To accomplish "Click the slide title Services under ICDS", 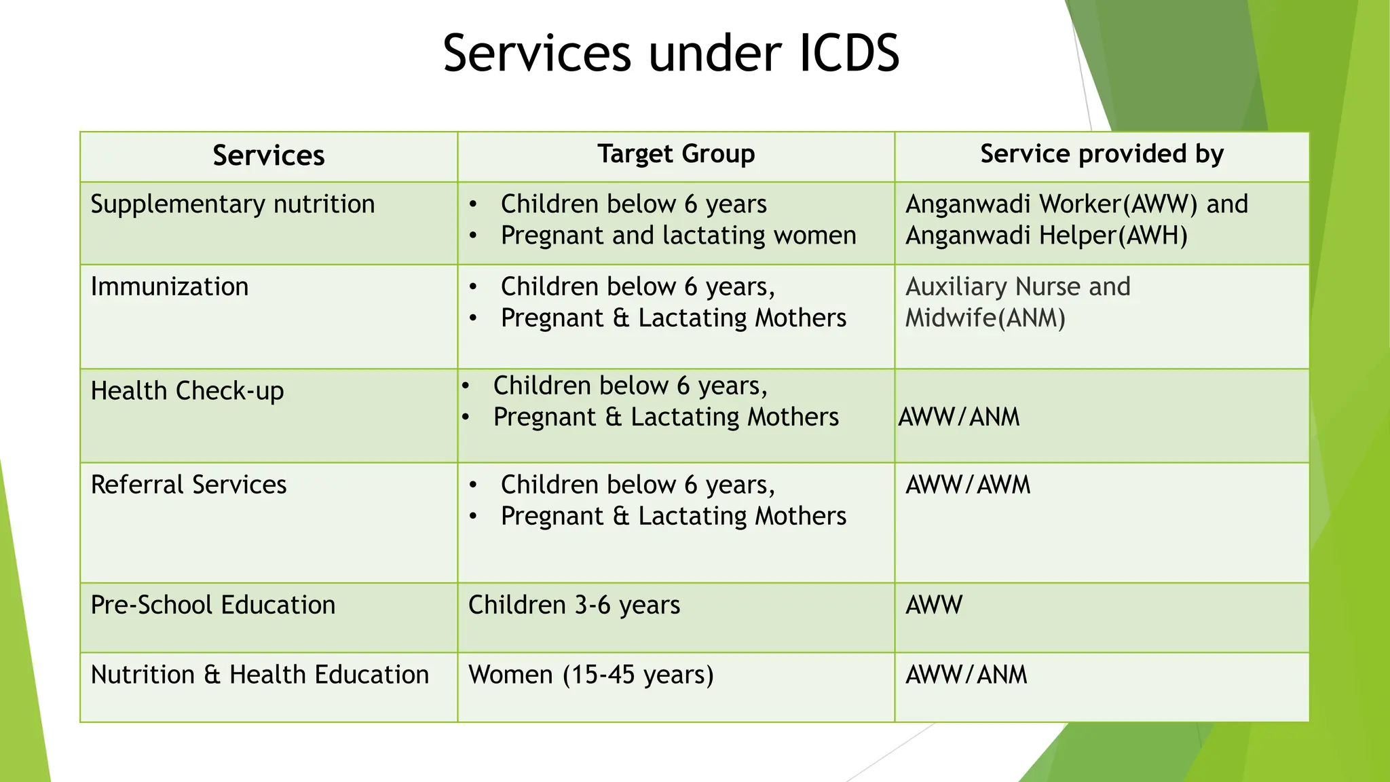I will pos(671,53).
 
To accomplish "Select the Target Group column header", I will pos(676,154).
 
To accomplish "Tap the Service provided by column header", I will pos(1102,154).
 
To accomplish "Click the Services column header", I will pos(269,155).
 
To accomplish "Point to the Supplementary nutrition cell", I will pos(233,204).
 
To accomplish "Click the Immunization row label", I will pos(170,286).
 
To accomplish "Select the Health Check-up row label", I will pos(187,391).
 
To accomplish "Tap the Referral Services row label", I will pos(189,485).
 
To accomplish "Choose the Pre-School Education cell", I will pos(213,605).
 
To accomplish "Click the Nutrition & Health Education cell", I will pos(260,675).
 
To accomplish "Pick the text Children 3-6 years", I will pos(574,605).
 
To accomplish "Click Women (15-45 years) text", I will pos(591,675).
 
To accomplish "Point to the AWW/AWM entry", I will pos(968,485).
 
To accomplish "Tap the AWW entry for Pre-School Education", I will pos(934,605).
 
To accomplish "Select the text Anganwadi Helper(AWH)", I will pos(1047,236).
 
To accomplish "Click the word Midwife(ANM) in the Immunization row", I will pos(985,318).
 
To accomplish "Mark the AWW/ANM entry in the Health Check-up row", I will pos(959,417).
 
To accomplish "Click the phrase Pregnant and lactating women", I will pos(679,236).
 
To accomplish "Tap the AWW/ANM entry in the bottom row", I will pos(966,675).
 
